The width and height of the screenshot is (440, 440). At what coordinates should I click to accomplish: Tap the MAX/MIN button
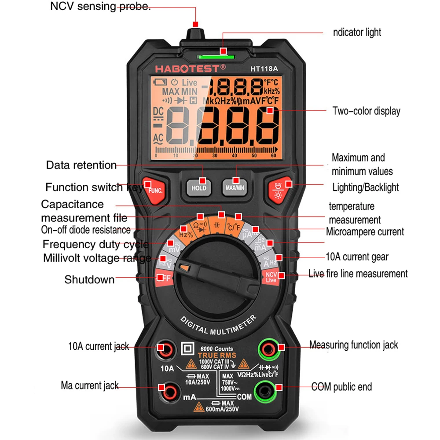(235, 186)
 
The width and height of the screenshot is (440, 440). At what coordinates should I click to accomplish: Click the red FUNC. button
(154, 190)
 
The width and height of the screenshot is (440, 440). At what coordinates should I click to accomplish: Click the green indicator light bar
(216, 56)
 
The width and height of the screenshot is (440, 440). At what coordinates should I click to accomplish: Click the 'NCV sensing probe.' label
(100, 7)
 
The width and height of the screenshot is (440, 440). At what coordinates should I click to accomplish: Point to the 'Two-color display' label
(366, 111)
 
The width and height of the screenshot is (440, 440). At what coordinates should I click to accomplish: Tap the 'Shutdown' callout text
(89, 279)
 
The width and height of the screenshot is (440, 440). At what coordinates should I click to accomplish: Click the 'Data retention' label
(81, 165)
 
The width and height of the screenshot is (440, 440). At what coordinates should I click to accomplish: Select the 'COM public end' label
(341, 387)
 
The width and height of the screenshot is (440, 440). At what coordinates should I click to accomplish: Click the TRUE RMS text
(216, 356)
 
